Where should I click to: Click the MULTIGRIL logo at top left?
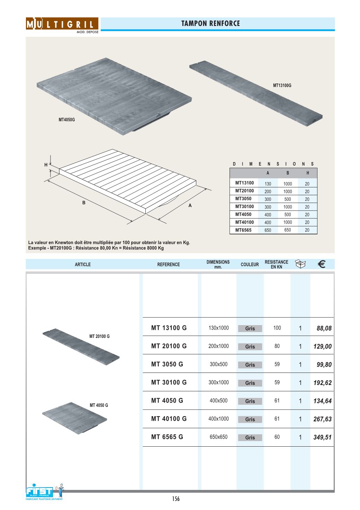(x=62, y=24)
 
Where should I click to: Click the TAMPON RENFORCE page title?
(x=210, y=24)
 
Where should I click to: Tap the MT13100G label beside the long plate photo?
(x=282, y=85)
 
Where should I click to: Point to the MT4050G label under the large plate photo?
(x=66, y=120)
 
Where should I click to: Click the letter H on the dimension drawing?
(x=46, y=165)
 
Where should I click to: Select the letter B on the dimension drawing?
(x=84, y=203)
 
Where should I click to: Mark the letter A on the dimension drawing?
(x=190, y=206)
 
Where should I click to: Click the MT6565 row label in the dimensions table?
(x=243, y=230)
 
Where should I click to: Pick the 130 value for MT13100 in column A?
(x=268, y=184)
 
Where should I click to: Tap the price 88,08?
(x=324, y=328)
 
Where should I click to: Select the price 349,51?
(x=322, y=437)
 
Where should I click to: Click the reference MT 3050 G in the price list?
(x=167, y=364)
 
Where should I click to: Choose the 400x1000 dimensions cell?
(x=218, y=419)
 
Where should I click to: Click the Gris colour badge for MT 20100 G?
(x=250, y=347)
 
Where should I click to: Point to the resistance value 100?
(x=277, y=328)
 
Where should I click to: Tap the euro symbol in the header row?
(x=321, y=265)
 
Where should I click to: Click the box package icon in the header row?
(x=300, y=264)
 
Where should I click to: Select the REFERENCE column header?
(x=169, y=265)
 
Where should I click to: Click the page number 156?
(x=176, y=499)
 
